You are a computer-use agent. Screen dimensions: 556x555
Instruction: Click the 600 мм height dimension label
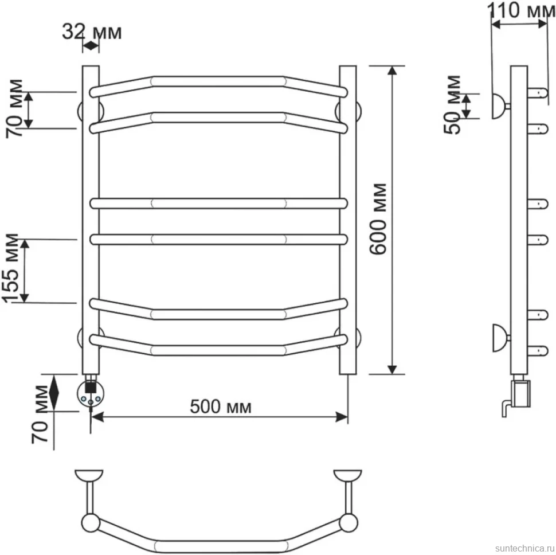(x=377, y=219)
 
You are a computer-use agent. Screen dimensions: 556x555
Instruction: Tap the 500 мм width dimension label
(x=221, y=407)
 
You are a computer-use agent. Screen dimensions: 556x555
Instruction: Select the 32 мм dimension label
(x=92, y=32)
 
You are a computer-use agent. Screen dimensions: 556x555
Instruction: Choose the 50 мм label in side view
(x=452, y=104)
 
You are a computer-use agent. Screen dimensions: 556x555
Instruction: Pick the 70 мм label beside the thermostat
(x=40, y=414)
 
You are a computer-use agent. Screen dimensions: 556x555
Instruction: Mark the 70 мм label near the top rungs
(x=14, y=108)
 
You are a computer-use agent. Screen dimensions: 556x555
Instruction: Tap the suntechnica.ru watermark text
(x=525, y=548)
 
